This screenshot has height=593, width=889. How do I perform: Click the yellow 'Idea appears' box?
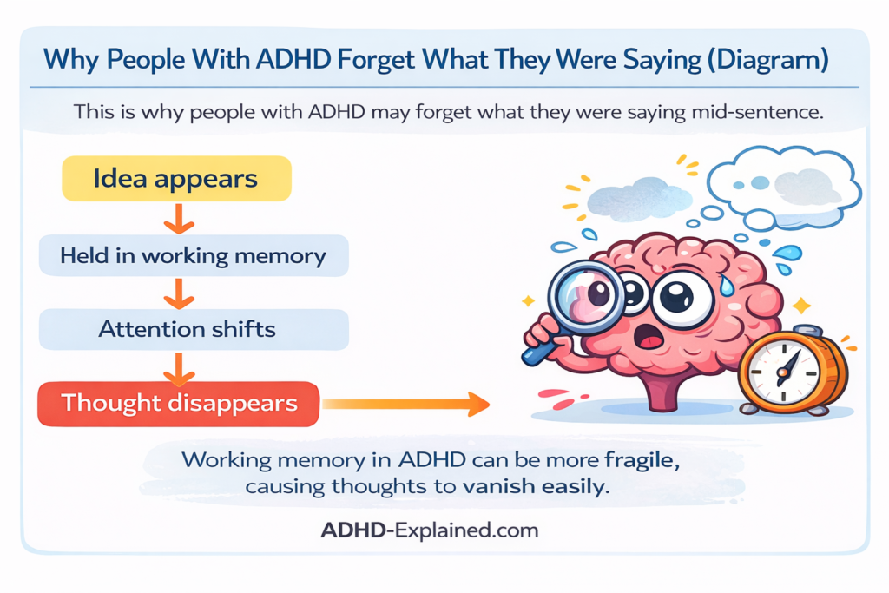tap(175, 179)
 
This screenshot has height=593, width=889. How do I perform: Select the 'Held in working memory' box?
tap(193, 255)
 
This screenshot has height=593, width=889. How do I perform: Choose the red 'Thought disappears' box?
tap(179, 404)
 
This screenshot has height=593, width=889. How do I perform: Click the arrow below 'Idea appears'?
tap(177, 220)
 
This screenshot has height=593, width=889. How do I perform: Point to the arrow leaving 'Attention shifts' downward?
tap(177, 367)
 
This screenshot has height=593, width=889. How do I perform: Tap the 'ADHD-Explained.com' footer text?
tap(430, 530)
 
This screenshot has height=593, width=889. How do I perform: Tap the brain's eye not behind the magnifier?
tap(682, 299)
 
